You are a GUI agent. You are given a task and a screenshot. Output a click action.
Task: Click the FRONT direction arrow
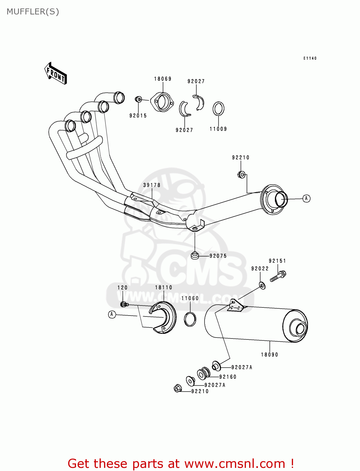[56, 73]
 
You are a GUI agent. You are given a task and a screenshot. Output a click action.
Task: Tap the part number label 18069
[163, 79]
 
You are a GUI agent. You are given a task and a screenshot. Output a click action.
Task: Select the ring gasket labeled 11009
[218, 109]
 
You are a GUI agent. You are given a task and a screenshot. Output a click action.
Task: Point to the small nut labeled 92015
[138, 100]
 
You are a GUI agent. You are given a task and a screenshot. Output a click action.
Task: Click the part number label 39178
[152, 185]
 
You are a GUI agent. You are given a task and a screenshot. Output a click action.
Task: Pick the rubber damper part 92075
[195, 256]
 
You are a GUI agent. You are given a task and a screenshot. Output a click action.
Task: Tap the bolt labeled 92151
[278, 276]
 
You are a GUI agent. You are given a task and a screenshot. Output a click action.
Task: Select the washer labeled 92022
[262, 285]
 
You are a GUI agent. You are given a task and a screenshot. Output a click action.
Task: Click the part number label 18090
[270, 355]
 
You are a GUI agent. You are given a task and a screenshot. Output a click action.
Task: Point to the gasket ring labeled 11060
[190, 319]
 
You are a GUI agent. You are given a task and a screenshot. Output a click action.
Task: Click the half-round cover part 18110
[163, 317]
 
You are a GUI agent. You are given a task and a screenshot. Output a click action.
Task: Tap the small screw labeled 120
[124, 304]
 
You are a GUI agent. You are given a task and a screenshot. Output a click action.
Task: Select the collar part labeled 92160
[204, 373]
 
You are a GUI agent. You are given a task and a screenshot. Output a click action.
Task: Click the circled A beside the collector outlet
[306, 198]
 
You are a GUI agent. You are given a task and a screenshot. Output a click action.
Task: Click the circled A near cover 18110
[112, 314]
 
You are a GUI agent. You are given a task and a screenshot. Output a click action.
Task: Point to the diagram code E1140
[310, 58]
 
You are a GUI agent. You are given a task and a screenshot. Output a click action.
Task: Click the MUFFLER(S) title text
[33, 12]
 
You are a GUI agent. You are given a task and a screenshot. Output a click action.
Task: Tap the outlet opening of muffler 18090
[300, 329]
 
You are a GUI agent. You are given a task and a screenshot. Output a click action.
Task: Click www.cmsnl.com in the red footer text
[234, 463]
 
